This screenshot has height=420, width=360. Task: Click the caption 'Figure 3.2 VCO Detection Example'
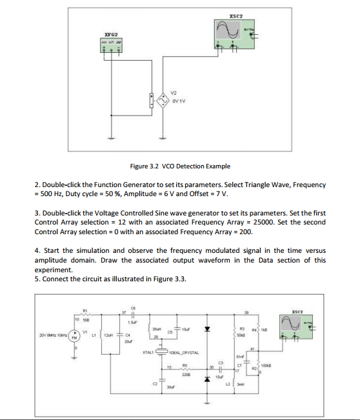(x=180, y=166)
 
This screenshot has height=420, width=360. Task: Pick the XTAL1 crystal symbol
(x=160, y=353)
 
